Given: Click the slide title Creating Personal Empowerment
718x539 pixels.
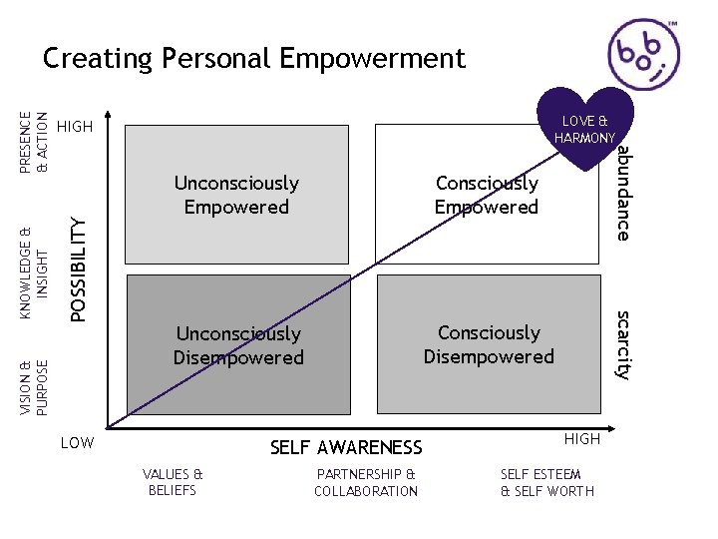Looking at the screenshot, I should (x=254, y=59).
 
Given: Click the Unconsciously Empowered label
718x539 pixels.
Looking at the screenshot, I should (x=236, y=195).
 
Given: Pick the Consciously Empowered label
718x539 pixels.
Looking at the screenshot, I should (x=487, y=195).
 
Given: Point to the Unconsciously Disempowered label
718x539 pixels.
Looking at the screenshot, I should (x=238, y=345).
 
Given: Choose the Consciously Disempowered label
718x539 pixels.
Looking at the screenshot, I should (x=489, y=344).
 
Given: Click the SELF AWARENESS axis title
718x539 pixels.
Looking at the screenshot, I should (x=346, y=448).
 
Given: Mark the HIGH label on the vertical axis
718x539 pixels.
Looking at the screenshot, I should (x=75, y=127).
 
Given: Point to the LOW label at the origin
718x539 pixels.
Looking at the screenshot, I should (x=77, y=441).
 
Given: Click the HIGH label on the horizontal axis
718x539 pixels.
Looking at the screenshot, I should (x=582, y=439).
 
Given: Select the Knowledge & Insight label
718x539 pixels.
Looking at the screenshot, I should (x=36, y=261).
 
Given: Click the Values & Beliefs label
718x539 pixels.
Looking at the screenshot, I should (x=173, y=482).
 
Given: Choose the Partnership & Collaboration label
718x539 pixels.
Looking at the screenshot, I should (x=366, y=482).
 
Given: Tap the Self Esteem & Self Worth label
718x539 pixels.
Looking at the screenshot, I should (x=546, y=482).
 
